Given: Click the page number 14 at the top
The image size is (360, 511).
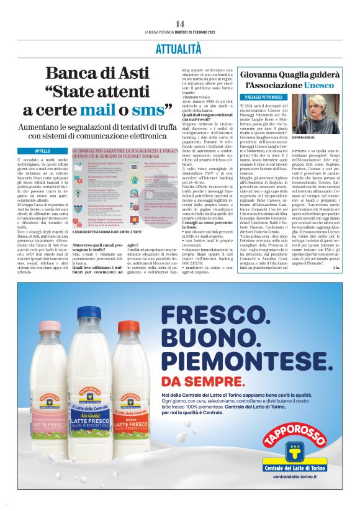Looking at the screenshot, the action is (x=179, y=24).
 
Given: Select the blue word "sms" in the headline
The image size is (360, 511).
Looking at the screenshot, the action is (x=150, y=110).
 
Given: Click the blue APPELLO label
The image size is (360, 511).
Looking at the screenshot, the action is (x=43, y=151).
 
